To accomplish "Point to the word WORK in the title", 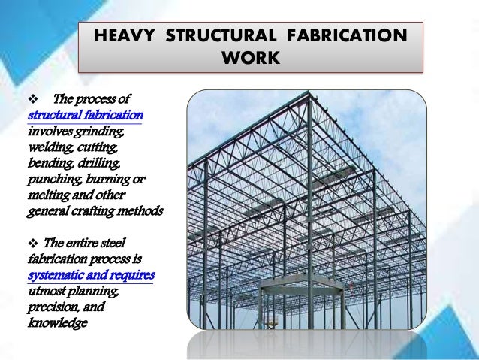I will click(251, 58).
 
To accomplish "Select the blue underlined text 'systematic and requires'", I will click(90, 274).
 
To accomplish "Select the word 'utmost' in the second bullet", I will click(47, 290).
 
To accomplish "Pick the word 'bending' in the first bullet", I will click(49, 163).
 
